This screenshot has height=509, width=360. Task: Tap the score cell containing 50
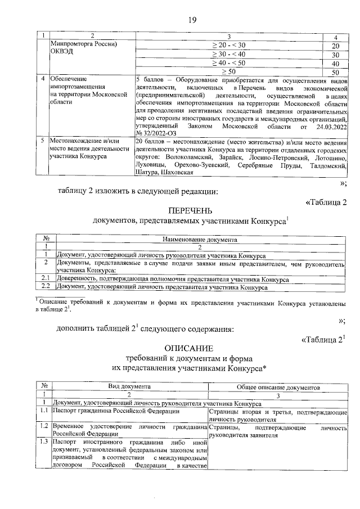[x=335, y=72]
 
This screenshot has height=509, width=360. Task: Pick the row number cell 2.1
[x=46, y=279]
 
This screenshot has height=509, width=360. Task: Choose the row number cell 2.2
[x=46, y=287]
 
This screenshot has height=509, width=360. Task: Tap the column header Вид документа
[x=129, y=387]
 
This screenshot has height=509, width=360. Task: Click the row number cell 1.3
[x=43, y=443]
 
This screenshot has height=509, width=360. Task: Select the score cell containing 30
[x=335, y=55]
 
